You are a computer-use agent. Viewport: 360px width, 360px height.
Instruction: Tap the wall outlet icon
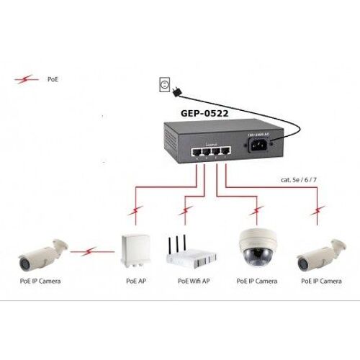[163, 86]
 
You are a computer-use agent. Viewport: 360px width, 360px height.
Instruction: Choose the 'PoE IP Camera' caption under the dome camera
[256, 281]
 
